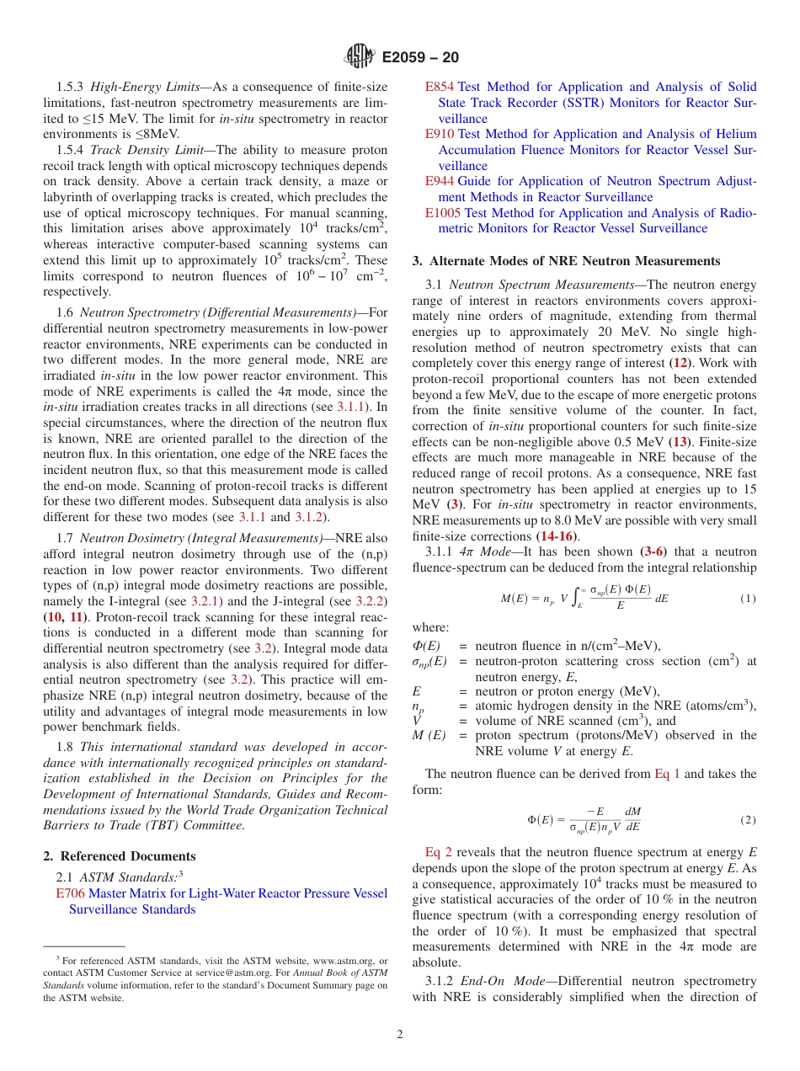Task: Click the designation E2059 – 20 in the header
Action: coord(420,58)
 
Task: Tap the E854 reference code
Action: coord(440,87)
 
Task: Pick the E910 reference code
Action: coord(440,134)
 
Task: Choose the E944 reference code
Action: coord(440,181)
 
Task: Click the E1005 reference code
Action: coord(443,213)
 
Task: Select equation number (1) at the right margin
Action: coord(748,599)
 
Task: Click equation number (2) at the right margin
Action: coord(748,819)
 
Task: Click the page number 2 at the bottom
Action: coord(400,1035)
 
